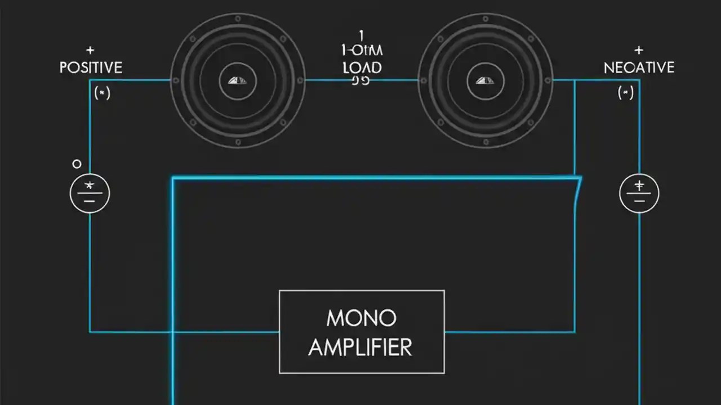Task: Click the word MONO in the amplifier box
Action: (361, 318)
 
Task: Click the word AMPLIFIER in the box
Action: (360, 347)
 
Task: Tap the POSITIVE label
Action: (91, 68)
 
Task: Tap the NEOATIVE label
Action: (639, 68)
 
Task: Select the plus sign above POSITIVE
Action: (90, 51)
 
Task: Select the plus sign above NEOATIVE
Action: (638, 51)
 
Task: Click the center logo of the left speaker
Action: (237, 80)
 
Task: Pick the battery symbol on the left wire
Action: (90, 193)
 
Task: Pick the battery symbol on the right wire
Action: (639, 193)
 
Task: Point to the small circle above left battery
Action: (77, 164)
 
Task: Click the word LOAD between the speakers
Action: (362, 68)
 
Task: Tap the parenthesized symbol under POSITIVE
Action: (102, 92)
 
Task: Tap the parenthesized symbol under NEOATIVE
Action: (625, 92)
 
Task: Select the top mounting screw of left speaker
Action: (238, 19)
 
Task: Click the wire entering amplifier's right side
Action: (507, 332)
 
